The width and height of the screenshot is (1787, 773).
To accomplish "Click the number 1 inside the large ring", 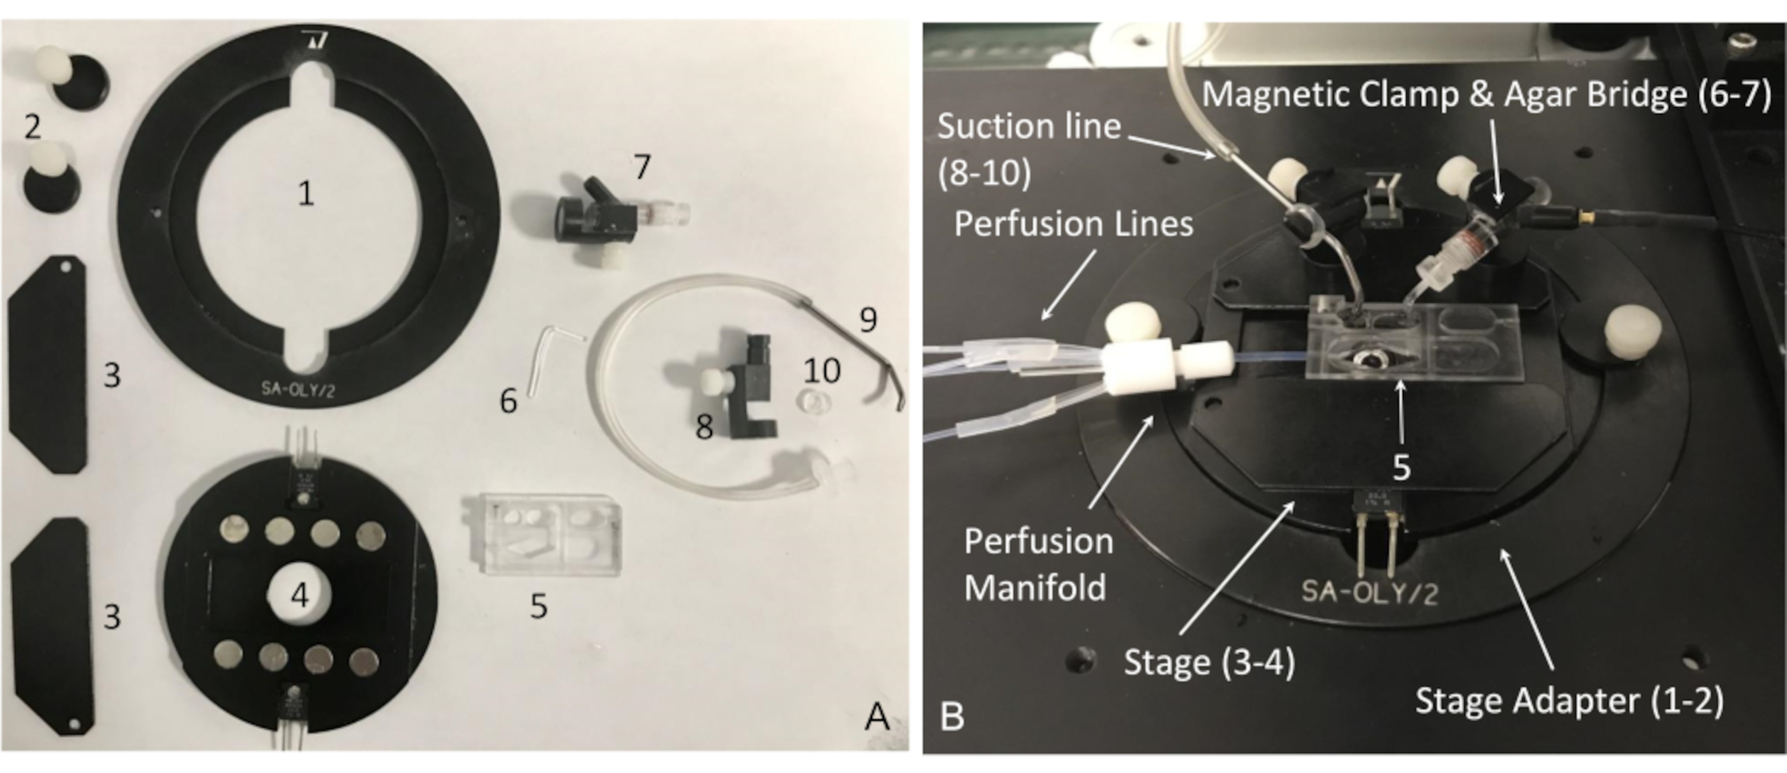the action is (x=305, y=194).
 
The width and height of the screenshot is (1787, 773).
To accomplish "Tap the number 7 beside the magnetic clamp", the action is (x=642, y=167).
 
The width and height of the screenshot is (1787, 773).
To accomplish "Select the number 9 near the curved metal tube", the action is (x=867, y=319).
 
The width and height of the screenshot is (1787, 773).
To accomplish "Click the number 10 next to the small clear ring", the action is (x=822, y=371).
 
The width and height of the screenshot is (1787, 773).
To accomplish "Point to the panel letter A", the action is (x=877, y=717).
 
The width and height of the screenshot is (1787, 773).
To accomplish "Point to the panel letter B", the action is (x=952, y=717).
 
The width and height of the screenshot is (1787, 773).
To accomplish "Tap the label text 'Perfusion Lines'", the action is (x=1073, y=224).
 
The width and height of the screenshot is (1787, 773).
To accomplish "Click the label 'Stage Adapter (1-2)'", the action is (x=1569, y=700).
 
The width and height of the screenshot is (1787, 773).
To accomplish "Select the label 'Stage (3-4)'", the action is (x=1209, y=662).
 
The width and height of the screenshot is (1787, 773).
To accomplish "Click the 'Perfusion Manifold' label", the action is (x=1038, y=564).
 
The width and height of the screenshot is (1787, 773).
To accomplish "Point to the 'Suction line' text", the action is (x=1029, y=127).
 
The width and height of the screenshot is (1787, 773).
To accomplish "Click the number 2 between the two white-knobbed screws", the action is (x=32, y=126).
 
